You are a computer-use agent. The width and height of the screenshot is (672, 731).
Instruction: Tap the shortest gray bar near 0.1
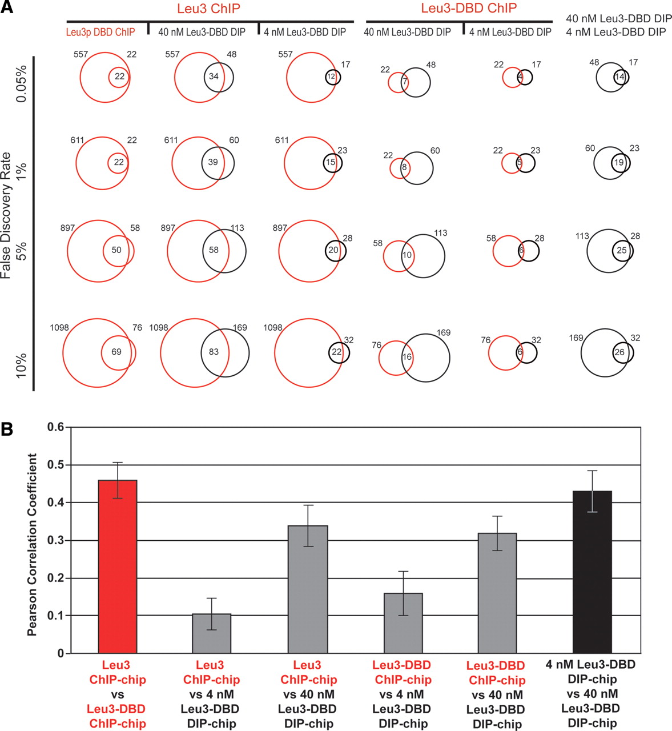coord(212,633)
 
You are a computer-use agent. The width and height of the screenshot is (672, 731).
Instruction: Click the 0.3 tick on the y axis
coord(55,540)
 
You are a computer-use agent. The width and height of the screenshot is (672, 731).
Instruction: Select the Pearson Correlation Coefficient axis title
coord(33,545)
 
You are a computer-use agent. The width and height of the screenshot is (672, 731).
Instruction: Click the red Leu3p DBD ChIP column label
coord(102,32)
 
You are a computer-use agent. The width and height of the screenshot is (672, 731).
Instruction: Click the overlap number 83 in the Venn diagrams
coord(214,352)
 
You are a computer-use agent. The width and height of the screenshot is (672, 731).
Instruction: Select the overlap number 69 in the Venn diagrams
coord(116,352)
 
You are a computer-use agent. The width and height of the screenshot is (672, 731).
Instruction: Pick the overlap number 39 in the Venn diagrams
coord(213,162)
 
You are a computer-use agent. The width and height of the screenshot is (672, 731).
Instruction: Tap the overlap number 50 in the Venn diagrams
coord(116,250)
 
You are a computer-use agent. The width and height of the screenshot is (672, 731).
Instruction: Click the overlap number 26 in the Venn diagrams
coord(619,352)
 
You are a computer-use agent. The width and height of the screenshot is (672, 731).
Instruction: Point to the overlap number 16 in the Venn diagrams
coord(407,357)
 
